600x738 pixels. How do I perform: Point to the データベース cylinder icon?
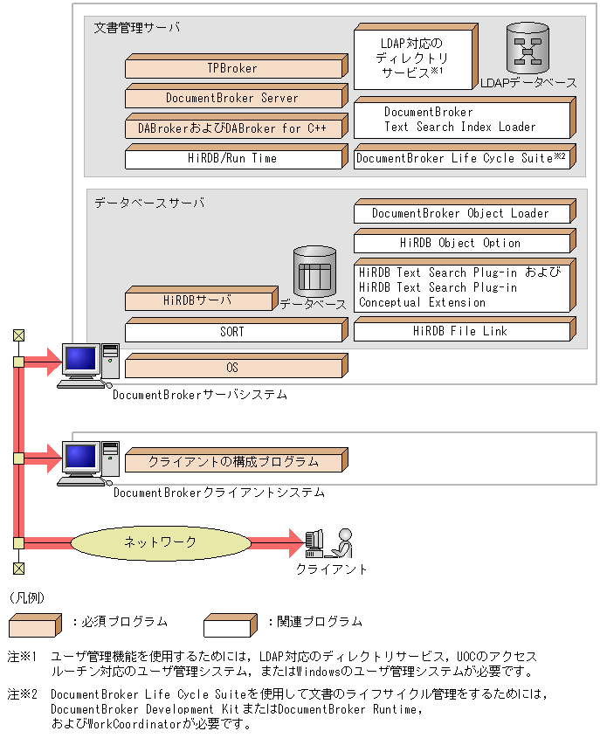coord(314,271)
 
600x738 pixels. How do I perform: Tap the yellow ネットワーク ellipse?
coord(160,542)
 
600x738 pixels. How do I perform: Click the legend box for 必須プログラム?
coord(36,623)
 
